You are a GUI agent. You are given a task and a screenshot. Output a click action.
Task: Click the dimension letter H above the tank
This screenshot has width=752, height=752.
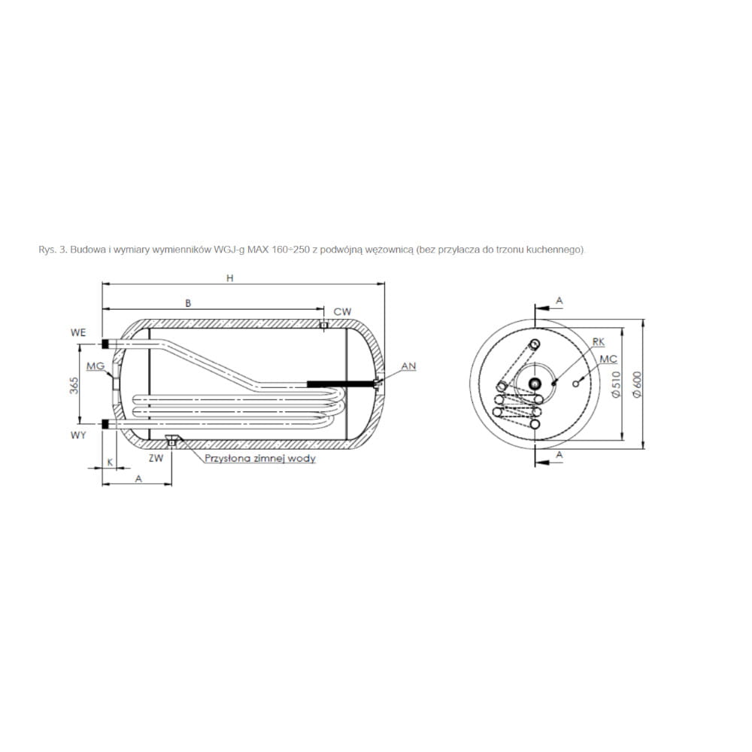coord(229,278)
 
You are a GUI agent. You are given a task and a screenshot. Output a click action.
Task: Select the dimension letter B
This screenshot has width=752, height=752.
coord(188,303)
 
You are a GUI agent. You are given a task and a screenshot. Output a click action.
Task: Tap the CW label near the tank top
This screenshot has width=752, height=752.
coord(342,312)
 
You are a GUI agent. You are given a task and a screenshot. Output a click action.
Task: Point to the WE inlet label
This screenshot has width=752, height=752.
coord(78,332)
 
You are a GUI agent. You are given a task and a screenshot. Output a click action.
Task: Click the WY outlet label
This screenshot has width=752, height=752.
coord(78,435)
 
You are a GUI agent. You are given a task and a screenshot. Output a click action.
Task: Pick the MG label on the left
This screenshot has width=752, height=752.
coord(96,366)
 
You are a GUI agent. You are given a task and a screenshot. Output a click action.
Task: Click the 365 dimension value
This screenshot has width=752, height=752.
coord(74,386)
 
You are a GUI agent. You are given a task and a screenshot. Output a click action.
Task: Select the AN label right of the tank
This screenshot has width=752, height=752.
coord(408,366)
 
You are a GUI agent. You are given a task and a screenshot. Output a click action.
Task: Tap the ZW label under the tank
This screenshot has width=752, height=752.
coord(156,458)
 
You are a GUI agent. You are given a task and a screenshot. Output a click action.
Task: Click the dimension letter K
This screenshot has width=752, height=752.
coord(110,462)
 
